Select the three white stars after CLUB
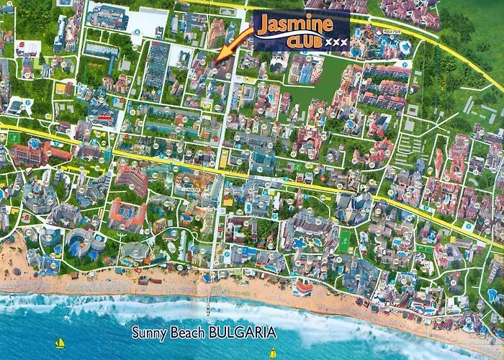click(x=337, y=42)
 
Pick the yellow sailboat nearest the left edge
click(x=60, y=343)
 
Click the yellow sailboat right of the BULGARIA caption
click(x=273, y=353)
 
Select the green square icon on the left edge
click(x=14, y=138)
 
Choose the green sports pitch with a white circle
click(x=344, y=238)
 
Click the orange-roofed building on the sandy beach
click(x=304, y=289)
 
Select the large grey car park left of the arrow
click(x=156, y=68)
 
